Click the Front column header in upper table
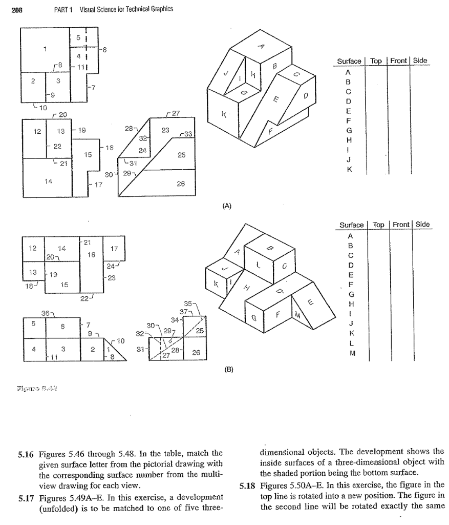pos(398,61)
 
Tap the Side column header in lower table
pos(422,225)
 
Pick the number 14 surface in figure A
pos(47,181)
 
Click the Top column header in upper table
pos(376,61)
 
